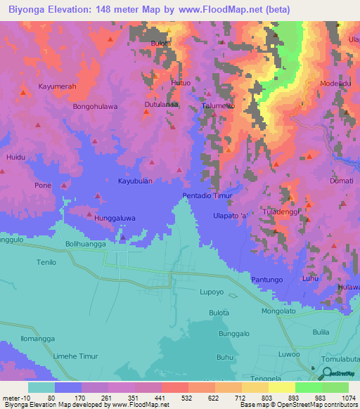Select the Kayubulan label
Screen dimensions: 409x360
point(135,181)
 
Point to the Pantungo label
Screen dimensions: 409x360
point(266,280)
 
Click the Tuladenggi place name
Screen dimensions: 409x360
point(281,211)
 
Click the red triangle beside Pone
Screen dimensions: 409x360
point(64,186)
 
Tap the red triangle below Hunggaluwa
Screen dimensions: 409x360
point(123,237)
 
